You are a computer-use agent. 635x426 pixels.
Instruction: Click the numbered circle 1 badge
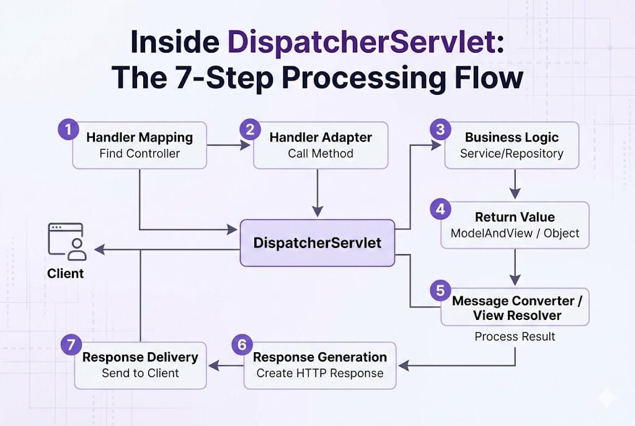68,130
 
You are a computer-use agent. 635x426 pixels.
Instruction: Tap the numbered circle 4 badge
441,209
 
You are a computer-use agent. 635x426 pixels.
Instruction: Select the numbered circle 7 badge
71,345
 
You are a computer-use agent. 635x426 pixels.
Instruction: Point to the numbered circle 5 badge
441,290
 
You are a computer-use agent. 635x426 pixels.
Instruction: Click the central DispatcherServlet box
317,243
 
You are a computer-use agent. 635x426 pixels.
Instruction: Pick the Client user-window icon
67,241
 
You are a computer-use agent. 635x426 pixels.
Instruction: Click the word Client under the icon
65,273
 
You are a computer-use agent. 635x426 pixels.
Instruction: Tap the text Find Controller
140,154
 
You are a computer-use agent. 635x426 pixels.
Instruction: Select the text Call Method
321,154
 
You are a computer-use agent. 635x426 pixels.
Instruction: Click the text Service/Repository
512,154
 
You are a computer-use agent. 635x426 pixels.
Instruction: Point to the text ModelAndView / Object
515,233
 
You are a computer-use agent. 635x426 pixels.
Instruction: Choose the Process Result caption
515,337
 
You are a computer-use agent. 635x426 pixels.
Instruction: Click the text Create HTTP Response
320,373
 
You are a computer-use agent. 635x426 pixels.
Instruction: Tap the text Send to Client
141,373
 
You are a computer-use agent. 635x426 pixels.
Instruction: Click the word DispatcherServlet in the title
362,42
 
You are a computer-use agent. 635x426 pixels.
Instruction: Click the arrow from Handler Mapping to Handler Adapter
229,145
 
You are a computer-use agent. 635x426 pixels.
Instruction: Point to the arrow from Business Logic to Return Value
515,184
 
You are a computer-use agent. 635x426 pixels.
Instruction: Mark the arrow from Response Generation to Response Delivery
226,366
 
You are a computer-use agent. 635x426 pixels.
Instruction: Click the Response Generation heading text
320,357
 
